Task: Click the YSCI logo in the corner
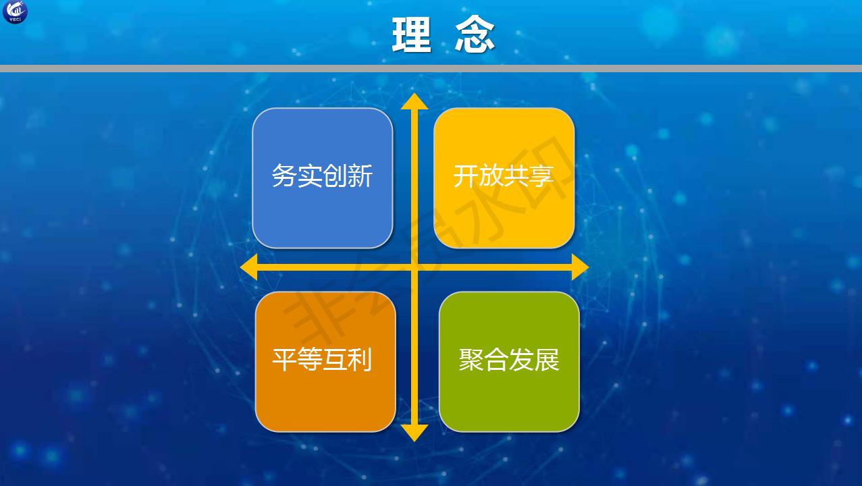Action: point(15,12)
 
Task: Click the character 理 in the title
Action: point(411,34)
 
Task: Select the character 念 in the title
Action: point(475,34)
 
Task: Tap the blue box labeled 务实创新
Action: point(323,178)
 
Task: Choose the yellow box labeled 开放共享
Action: point(504,178)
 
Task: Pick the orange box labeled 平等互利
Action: point(325,362)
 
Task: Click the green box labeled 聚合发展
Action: point(509,362)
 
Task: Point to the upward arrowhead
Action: point(414,101)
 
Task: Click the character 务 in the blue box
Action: point(284,176)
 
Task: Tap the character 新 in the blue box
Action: point(360,176)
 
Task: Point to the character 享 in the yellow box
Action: point(541,176)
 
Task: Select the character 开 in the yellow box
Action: point(466,176)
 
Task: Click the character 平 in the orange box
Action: point(284,359)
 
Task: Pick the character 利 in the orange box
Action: point(360,359)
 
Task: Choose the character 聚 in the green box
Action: point(471,360)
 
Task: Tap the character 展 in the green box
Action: point(547,360)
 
